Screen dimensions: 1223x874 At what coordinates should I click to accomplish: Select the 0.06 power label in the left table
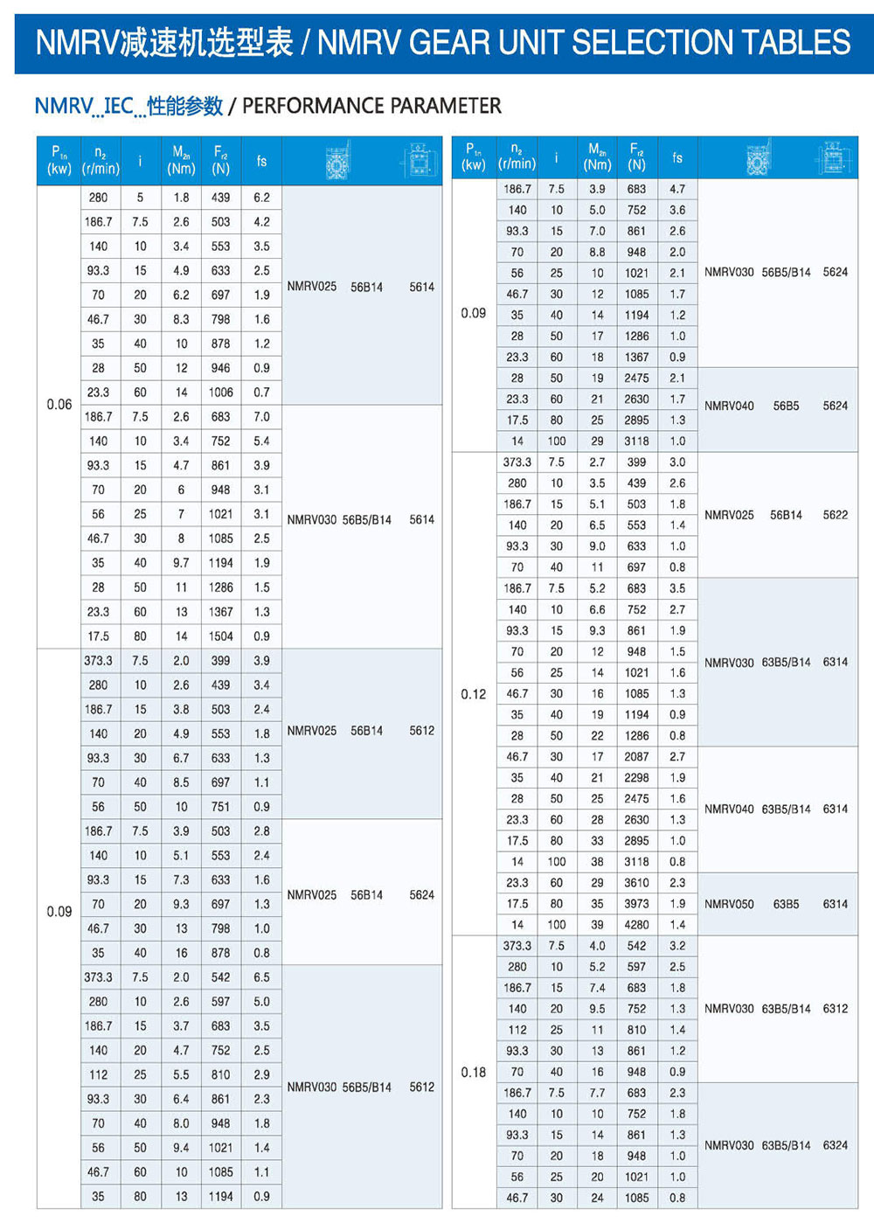[59, 405]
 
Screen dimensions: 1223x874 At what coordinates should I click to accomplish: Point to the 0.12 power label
[474, 694]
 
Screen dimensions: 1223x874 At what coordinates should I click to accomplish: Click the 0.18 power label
[474, 1072]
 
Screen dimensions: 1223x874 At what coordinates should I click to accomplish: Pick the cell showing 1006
[220, 393]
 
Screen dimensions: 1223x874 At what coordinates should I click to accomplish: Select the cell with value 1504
[220, 636]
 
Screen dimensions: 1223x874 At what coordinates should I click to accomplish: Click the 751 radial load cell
[220, 807]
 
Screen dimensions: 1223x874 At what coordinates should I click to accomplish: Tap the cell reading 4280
[636, 925]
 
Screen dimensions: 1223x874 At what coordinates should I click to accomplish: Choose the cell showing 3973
[636, 904]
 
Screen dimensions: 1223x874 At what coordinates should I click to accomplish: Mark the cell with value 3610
[636, 883]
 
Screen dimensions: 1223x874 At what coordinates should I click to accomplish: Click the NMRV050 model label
[729, 904]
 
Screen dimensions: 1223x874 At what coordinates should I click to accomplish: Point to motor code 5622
[835, 515]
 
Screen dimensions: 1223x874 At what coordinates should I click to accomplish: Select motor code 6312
[835, 1009]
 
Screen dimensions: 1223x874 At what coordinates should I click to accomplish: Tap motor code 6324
[835, 1145]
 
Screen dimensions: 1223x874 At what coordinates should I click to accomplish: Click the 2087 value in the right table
[636, 757]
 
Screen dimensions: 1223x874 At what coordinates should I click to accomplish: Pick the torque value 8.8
[597, 253]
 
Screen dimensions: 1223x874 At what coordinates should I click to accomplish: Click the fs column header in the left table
[261, 161]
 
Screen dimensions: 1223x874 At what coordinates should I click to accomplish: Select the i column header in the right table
[556, 158]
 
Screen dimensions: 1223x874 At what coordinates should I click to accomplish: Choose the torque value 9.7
[181, 563]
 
